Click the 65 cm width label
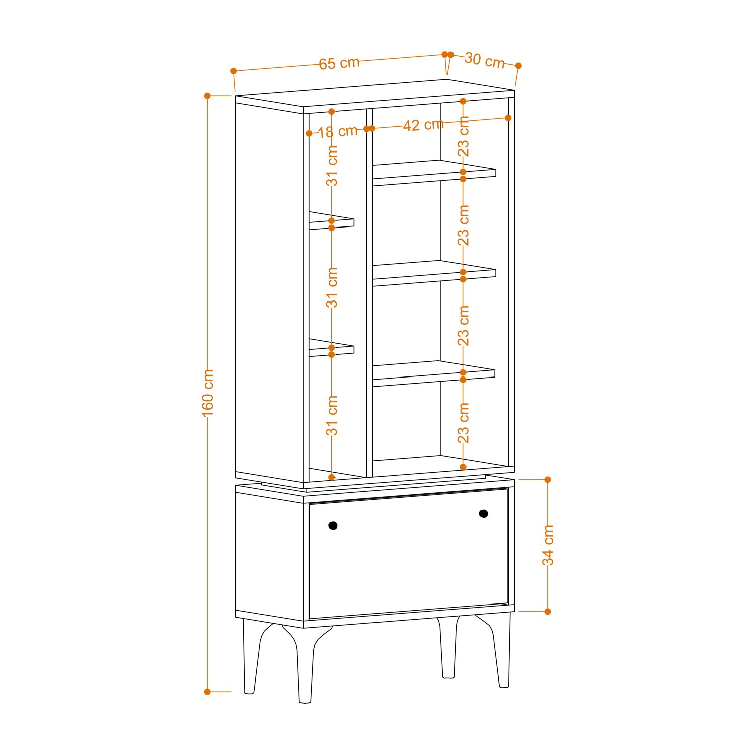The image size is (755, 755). pyautogui.click(x=339, y=63)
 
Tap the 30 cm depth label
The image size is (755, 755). pyautogui.click(x=484, y=60)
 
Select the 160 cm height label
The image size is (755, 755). pyautogui.click(x=208, y=393)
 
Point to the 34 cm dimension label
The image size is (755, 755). pyautogui.click(x=548, y=545)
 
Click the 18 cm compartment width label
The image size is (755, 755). pyautogui.click(x=337, y=132)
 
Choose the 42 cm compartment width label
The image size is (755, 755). pyautogui.click(x=423, y=125)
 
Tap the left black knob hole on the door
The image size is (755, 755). pyautogui.click(x=333, y=525)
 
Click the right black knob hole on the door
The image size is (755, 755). pyautogui.click(x=483, y=514)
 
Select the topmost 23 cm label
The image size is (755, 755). pyautogui.click(x=463, y=136)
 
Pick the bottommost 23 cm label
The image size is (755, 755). pyautogui.click(x=463, y=423)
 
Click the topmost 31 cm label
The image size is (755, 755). pyautogui.click(x=332, y=166)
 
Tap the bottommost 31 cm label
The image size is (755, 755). pyautogui.click(x=332, y=416)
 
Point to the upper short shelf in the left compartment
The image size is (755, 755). pyautogui.click(x=331, y=221)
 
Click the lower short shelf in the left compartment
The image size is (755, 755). pyautogui.click(x=331, y=348)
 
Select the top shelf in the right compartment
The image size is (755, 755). pyautogui.click(x=434, y=173)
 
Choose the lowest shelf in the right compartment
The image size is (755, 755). pyautogui.click(x=433, y=374)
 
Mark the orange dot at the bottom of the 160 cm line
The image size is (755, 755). pyautogui.click(x=207, y=692)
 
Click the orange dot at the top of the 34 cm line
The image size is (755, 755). pyautogui.click(x=548, y=480)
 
